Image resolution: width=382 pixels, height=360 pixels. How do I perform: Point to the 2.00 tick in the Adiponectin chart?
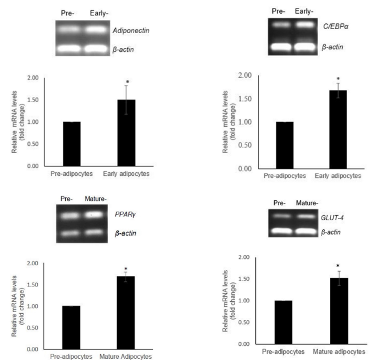37,78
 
